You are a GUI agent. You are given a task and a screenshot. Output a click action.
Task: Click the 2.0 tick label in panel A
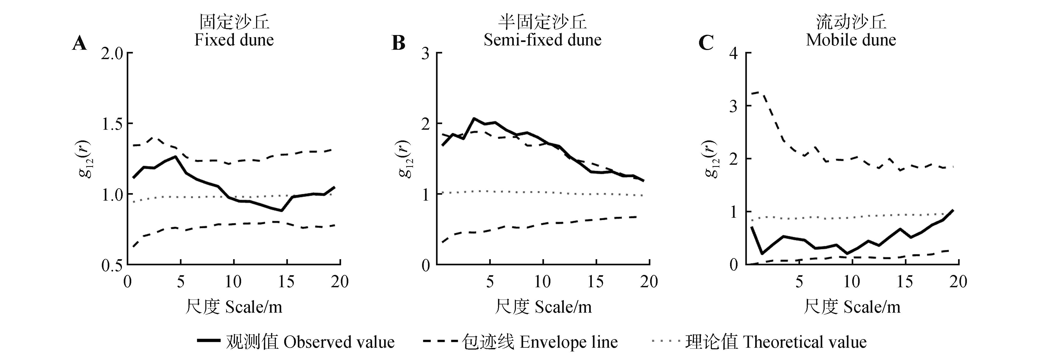pos(111,53)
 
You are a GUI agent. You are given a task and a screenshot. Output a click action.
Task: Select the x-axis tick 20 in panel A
pos(340,282)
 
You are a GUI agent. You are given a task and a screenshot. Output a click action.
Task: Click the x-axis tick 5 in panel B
pos(490,282)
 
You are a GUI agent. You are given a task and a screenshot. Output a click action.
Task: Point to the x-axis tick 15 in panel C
pos(905,282)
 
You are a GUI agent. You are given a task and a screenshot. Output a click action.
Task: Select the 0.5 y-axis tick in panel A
pos(111,265)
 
